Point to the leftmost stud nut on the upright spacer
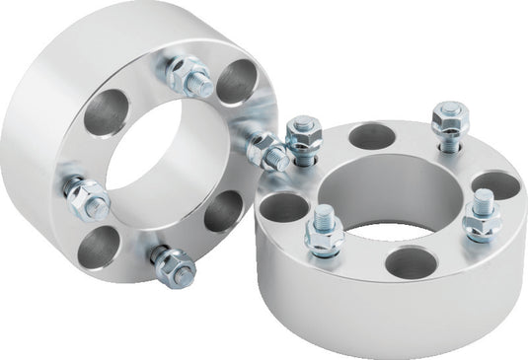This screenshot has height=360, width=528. coord(87,196)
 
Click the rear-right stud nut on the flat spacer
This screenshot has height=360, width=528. coord(449,117)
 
